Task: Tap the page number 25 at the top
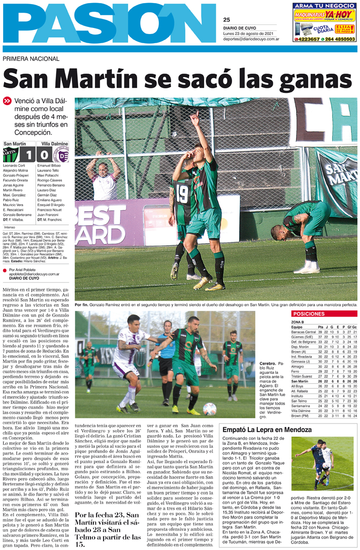[x=227, y=19]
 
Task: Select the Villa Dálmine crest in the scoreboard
[x=64, y=154]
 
